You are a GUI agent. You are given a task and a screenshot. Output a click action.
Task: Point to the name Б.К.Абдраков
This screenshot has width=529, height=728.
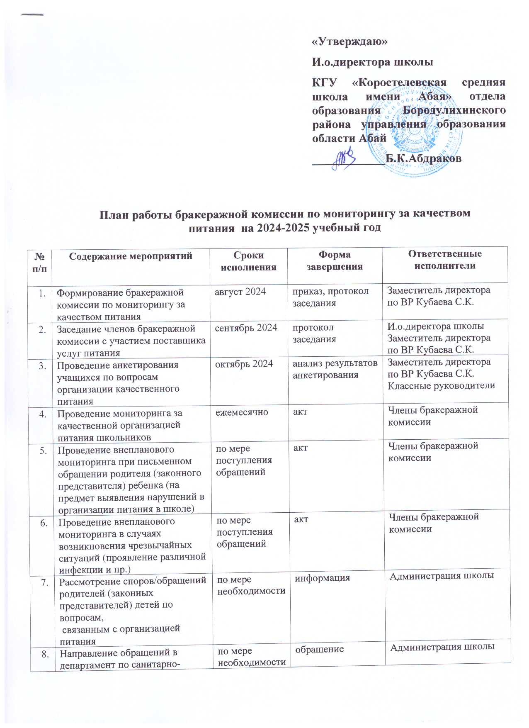pyautogui.click(x=423, y=158)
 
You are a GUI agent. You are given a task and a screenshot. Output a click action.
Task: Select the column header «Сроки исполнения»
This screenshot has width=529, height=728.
pyautogui.click(x=248, y=261)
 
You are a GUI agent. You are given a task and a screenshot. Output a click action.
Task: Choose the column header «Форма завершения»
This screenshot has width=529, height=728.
pyautogui.click(x=335, y=261)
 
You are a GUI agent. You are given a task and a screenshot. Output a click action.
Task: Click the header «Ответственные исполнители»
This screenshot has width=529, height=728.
pyautogui.click(x=445, y=260)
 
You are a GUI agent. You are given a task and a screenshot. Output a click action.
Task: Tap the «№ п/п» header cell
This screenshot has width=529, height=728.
pyautogui.click(x=39, y=262)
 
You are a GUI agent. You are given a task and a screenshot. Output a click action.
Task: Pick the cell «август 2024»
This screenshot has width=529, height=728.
pyautogui.click(x=240, y=292)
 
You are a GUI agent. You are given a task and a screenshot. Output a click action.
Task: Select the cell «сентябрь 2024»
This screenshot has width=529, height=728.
pyautogui.click(x=246, y=328)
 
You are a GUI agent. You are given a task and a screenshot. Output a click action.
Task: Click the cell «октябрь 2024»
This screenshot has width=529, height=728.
pyautogui.click(x=244, y=364)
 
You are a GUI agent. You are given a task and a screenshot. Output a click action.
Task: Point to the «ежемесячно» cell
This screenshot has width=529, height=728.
pyautogui.click(x=242, y=412)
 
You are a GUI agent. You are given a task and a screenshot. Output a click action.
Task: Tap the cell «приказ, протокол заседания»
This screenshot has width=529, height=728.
pyautogui.click(x=330, y=297)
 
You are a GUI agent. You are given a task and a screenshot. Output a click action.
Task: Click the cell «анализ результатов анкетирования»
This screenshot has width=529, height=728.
pyautogui.click(x=335, y=369)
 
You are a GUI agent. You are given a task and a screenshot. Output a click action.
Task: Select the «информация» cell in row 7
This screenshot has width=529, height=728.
pyautogui.click(x=323, y=577)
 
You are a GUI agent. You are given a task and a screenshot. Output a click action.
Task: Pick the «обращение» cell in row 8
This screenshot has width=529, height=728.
pyautogui.click(x=320, y=649)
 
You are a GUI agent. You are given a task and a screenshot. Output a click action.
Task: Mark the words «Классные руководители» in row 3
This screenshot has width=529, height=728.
pyautogui.click(x=441, y=386)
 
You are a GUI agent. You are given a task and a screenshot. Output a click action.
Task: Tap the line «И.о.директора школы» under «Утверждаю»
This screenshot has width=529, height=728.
pyautogui.click(x=372, y=62)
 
